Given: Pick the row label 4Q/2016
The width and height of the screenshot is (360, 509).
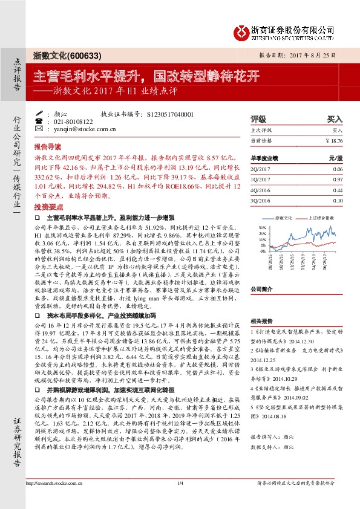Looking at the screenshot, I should click(x=259, y=189).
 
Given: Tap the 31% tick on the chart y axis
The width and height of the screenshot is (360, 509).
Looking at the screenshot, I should click(x=263, y=227).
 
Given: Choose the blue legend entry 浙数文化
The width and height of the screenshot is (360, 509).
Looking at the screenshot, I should click(x=284, y=216).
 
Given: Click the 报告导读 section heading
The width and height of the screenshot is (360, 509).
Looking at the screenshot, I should click(x=47, y=147).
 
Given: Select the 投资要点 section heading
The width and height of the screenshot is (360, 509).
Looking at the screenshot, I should click(x=47, y=206).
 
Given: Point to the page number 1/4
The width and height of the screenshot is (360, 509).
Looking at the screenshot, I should click(x=180, y=499).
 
